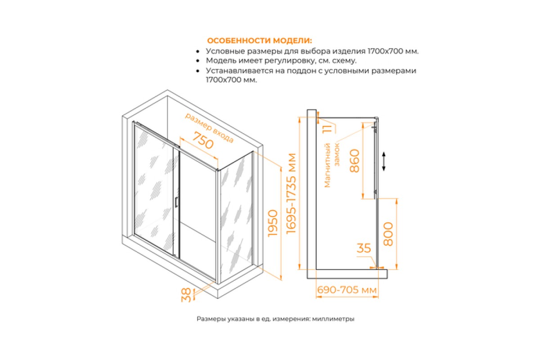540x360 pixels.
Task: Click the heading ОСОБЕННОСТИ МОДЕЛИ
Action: click(259, 40)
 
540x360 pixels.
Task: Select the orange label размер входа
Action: click(209, 127)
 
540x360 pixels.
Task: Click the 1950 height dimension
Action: click(273, 223)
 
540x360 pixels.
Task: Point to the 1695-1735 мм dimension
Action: click(291, 193)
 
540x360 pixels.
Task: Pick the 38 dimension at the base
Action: click(186, 295)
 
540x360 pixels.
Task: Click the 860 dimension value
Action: click(355, 161)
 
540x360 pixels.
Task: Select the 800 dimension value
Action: click(388, 234)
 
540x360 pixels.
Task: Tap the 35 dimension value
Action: click(364, 248)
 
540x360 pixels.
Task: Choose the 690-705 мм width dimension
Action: click(346, 290)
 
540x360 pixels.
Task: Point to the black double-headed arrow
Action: click(384, 161)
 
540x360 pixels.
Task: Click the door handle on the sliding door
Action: click(176, 202)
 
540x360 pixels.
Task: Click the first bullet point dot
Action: click(198, 51)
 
